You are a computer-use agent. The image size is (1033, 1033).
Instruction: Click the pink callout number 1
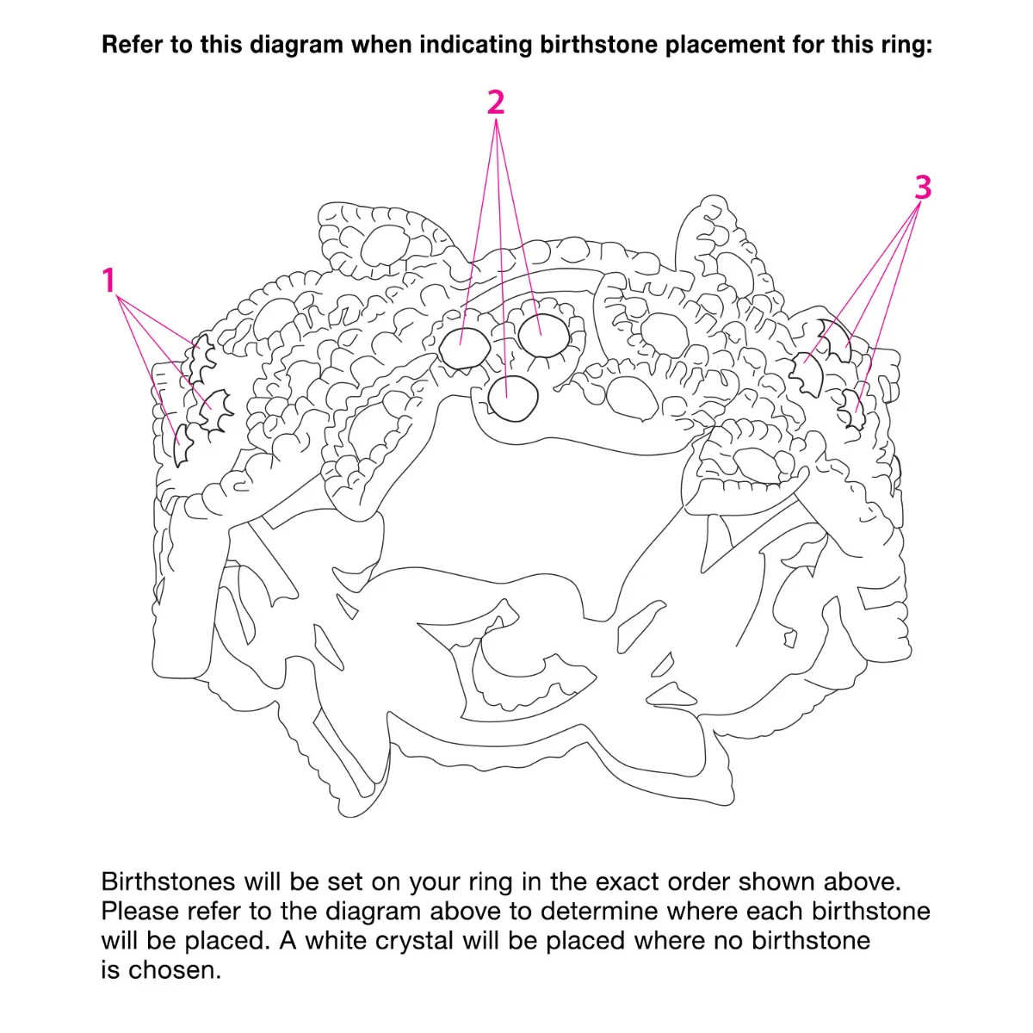tap(109, 280)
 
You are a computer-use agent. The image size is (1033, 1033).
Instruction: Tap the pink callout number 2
tap(496, 102)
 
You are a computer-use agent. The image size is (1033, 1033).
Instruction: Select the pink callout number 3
tap(923, 188)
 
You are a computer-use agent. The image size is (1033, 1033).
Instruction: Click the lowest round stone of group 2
tap(512, 399)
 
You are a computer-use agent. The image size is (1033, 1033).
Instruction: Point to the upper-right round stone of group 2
tap(544, 336)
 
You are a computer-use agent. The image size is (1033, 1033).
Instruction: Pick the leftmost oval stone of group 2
tap(464, 349)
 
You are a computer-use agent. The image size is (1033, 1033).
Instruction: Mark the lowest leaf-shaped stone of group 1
tap(183, 444)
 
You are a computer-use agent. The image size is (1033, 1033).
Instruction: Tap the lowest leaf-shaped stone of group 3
tap(852, 410)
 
